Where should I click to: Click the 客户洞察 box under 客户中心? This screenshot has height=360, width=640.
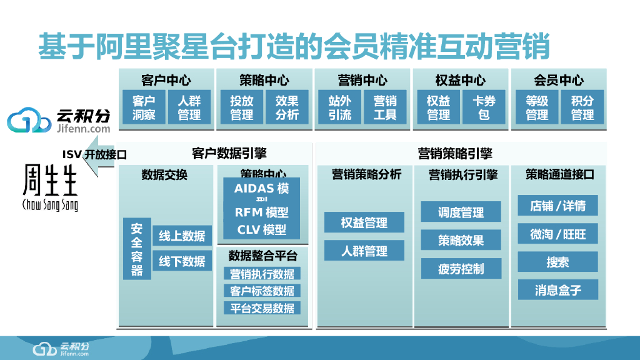pyautogui.click(x=147, y=107)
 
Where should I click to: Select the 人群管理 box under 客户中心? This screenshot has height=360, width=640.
pyautogui.click(x=189, y=107)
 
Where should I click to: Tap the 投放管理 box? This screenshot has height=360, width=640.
pyautogui.click(x=241, y=107)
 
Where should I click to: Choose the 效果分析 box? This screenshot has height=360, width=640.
pyautogui.click(x=286, y=107)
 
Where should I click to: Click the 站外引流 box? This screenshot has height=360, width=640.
pyautogui.click(x=340, y=107)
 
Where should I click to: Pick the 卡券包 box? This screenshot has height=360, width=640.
pyautogui.click(x=484, y=107)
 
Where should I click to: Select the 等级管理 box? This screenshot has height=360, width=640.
pyautogui.click(x=537, y=107)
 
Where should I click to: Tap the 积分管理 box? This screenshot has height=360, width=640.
pyautogui.click(x=582, y=107)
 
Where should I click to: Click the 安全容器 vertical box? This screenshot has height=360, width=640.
pyautogui.click(x=137, y=249)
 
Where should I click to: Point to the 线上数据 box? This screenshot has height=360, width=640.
pyautogui.click(x=182, y=236)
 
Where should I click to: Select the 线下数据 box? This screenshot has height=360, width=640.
pyautogui.click(x=182, y=261)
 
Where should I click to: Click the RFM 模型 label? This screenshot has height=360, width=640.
pyautogui.click(x=262, y=212)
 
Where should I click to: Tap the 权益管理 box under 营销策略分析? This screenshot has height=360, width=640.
pyautogui.click(x=364, y=222)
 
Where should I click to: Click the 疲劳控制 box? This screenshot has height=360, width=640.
pyautogui.click(x=461, y=269)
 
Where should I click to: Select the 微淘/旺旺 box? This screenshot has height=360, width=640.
pyautogui.click(x=558, y=234)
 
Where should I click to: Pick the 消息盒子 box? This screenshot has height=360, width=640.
pyautogui.click(x=558, y=290)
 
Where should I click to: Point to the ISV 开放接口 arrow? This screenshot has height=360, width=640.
pyautogui.click(x=91, y=155)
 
